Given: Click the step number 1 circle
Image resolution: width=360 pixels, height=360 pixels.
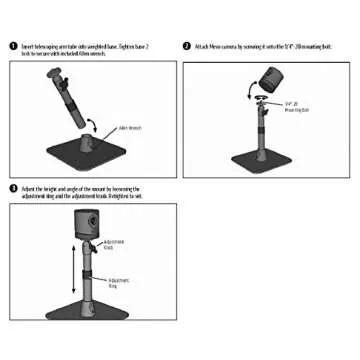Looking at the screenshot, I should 13,47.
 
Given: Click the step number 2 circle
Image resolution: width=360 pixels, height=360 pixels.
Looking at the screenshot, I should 187,46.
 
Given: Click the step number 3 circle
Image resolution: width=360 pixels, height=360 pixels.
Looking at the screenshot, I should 13,188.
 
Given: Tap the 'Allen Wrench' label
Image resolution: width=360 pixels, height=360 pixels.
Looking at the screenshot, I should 129,127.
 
